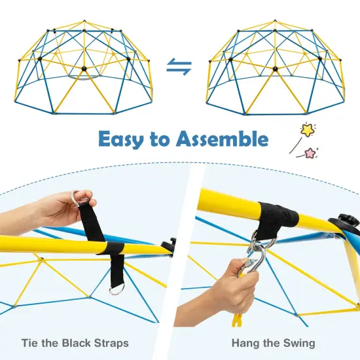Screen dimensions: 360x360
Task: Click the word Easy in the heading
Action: (122, 139)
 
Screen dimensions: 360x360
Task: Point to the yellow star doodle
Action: (306, 130)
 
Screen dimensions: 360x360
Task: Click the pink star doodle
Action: (309, 153)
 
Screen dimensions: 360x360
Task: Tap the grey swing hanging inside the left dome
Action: (85, 77)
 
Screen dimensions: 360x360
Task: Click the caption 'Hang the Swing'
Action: (273, 343)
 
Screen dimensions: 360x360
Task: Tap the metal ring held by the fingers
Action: (77, 196)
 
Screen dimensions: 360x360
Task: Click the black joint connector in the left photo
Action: (173, 244)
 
